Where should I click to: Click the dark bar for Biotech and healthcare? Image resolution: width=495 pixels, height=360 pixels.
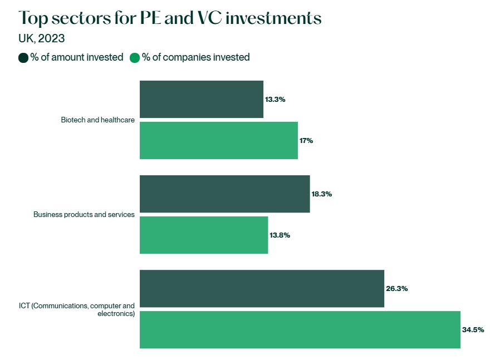(x=201, y=99)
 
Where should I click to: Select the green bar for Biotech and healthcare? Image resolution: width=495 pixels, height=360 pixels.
(x=218, y=140)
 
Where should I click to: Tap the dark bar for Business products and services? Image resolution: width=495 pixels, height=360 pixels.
(x=224, y=194)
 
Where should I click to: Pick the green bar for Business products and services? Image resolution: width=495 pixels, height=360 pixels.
(x=203, y=235)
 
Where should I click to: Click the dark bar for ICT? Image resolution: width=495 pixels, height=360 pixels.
(x=262, y=288)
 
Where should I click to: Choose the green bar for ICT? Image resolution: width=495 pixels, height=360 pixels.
(x=300, y=329)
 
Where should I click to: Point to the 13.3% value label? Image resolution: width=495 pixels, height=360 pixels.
(x=275, y=100)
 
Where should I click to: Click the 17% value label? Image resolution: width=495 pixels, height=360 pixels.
(x=306, y=141)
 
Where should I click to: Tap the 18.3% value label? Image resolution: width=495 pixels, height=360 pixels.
(x=322, y=194)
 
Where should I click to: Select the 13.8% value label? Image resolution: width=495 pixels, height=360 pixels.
(x=280, y=235)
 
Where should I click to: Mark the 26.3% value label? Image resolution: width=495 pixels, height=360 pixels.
(x=396, y=289)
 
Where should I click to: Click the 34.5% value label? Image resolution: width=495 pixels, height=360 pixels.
(x=473, y=330)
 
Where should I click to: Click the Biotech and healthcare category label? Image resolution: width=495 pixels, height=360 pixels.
(x=98, y=120)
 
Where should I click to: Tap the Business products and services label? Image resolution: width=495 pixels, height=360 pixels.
(x=84, y=214)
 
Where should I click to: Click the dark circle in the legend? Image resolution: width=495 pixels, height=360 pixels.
(x=23, y=57)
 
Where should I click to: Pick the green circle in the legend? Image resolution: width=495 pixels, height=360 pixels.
(x=134, y=57)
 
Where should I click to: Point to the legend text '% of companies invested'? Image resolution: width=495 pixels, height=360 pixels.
(x=195, y=57)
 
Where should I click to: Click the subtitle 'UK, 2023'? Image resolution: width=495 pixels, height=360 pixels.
(x=42, y=38)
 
